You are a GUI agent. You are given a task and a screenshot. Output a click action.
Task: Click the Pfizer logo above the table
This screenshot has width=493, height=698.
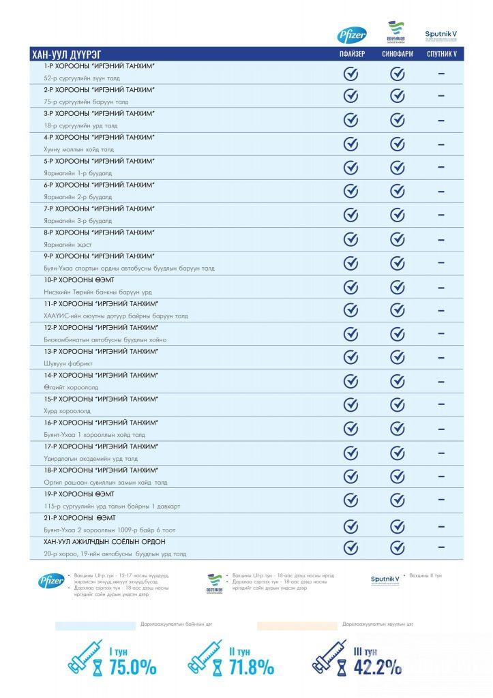pos(352,35)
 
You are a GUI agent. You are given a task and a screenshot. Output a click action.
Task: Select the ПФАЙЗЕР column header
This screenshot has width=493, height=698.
pos(351,54)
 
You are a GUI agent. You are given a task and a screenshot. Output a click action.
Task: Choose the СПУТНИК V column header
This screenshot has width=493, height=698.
pos(442,54)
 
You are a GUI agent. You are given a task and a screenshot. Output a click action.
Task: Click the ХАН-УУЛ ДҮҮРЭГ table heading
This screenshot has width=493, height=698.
pos(68,54)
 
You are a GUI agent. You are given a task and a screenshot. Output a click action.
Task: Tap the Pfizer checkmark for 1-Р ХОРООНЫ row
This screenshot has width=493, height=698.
pos(350,73)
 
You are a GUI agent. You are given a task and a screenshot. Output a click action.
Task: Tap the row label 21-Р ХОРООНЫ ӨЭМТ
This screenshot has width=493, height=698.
pos(78,517)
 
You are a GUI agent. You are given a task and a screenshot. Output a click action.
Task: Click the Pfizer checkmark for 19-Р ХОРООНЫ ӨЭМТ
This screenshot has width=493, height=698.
pos(350,501)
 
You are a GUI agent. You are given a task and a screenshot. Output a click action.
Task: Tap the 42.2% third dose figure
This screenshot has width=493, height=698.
pos(377,667)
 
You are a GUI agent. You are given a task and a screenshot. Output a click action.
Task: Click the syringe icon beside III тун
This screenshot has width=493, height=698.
pos(330,656)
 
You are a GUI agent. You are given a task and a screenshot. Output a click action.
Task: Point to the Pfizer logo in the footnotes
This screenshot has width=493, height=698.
pos(51,581)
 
